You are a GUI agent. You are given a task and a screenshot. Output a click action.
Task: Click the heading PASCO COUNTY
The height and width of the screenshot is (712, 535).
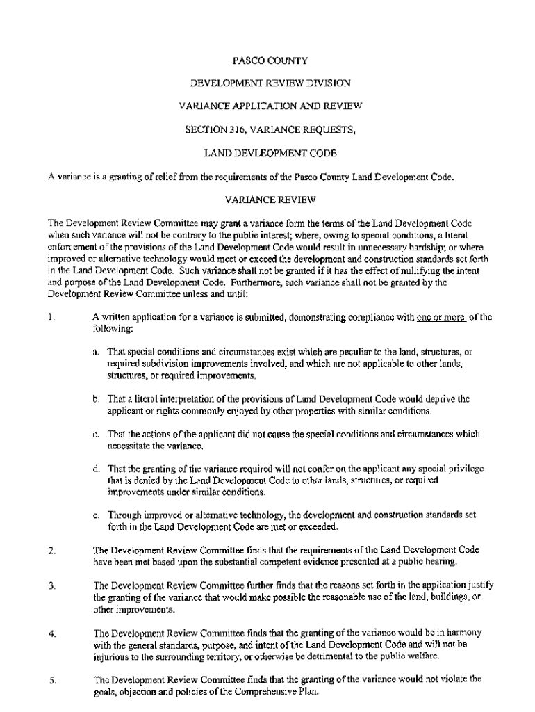pyautogui.click(x=270, y=60)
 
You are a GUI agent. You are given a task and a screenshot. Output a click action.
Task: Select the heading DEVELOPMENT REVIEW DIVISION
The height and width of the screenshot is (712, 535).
pyautogui.click(x=270, y=83)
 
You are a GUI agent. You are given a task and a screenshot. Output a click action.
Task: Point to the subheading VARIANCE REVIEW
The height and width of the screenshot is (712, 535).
pyautogui.click(x=270, y=200)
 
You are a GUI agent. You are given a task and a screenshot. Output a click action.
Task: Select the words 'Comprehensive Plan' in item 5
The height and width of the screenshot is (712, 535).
pyautogui.click(x=274, y=692)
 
